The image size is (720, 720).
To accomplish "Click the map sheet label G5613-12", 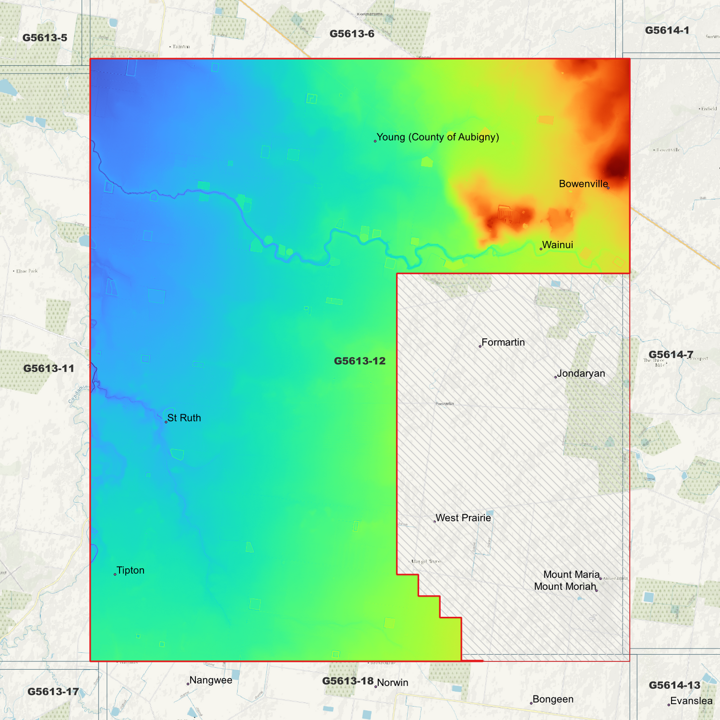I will [x=359, y=361].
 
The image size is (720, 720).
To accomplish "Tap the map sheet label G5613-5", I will [x=45, y=38].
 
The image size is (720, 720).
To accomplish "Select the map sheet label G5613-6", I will [x=352, y=34].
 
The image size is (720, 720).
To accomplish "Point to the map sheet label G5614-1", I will [x=667, y=30].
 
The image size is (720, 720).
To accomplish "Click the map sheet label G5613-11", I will [x=49, y=369].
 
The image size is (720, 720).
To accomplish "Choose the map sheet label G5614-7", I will [x=671, y=355].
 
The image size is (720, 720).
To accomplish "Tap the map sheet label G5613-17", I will [x=53, y=692].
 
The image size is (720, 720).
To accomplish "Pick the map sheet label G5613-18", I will [x=347, y=681].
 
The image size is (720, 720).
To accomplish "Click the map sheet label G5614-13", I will [x=674, y=686].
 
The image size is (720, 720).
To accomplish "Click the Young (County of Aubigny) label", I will [x=437, y=137].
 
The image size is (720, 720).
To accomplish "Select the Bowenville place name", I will [x=583, y=184].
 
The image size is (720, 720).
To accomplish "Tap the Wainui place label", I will [x=557, y=245].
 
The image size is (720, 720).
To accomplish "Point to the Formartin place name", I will [x=503, y=342].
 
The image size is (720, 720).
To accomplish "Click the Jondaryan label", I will [x=580, y=373].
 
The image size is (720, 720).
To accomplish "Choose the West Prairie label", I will [x=463, y=518].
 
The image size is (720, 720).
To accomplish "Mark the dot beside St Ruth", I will [x=166, y=422].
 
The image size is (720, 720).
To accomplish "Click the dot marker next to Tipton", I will [x=115, y=575].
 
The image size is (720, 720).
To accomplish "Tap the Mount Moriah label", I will [x=565, y=586].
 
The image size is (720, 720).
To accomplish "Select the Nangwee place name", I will [x=210, y=680].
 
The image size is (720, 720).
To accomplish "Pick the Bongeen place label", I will [x=553, y=699].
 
